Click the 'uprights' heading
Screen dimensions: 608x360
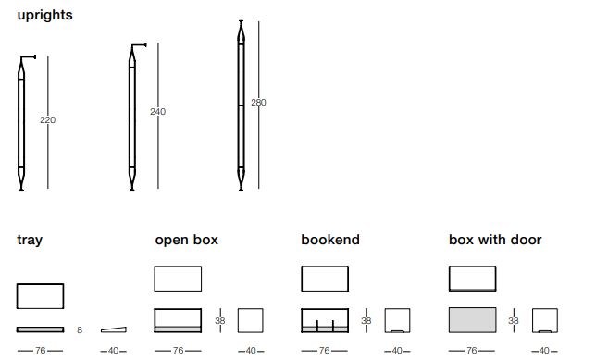(x=44, y=16)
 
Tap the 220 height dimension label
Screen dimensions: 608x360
(x=48, y=120)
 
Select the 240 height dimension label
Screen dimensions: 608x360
(x=158, y=112)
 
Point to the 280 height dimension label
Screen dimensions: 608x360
(x=258, y=103)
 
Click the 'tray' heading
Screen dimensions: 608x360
(x=30, y=240)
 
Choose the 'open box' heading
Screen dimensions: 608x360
(x=187, y=240)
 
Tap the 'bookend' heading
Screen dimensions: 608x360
(x=330, y=240)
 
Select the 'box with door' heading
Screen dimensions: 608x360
(x=495, y=240)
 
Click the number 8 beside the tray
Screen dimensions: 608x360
(x=80, y=330)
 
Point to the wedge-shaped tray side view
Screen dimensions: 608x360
(x=114, y=329)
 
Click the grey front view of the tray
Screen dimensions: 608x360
(x=41, y=329)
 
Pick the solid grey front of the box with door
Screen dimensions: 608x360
(x=472, y=320)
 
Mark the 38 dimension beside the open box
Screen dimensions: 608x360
(x=220, y=321)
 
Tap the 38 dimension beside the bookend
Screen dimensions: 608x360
(x=366, y=321)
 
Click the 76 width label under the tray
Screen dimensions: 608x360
(x=41, y=351)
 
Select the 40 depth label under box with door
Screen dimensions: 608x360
(x=544, y=351)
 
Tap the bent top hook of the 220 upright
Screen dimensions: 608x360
(x=29, y=57)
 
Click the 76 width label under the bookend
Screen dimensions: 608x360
(x=324, y=351)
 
